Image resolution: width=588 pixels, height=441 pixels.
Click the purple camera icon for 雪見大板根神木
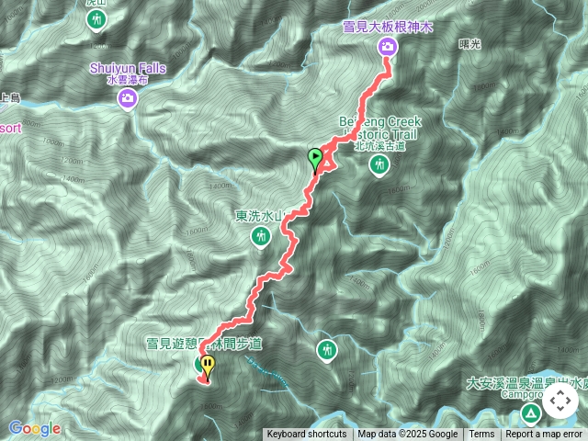coord(387,48)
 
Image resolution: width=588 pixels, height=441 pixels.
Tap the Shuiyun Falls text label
coord(128,68)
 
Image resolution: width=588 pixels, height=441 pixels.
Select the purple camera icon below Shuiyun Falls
coord(128,99)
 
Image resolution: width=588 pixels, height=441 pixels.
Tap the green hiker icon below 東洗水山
coord(261,238)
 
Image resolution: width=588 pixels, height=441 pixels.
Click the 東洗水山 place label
coord(261,217)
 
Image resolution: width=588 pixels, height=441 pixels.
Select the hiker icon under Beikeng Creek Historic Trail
coord(379,165)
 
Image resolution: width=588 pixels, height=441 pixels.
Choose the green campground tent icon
coord(531,408)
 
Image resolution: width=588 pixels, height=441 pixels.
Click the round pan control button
coord(560,401)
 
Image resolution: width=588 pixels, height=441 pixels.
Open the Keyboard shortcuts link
coord(308,435)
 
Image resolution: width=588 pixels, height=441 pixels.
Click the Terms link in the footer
coord(481,435)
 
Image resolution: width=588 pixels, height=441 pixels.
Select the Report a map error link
coord(544,435)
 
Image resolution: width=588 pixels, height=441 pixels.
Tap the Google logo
coord(35,428)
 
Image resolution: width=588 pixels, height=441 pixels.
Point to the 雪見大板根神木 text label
coord(387,28)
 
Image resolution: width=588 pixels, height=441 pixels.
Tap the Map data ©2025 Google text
coord(408,435)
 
